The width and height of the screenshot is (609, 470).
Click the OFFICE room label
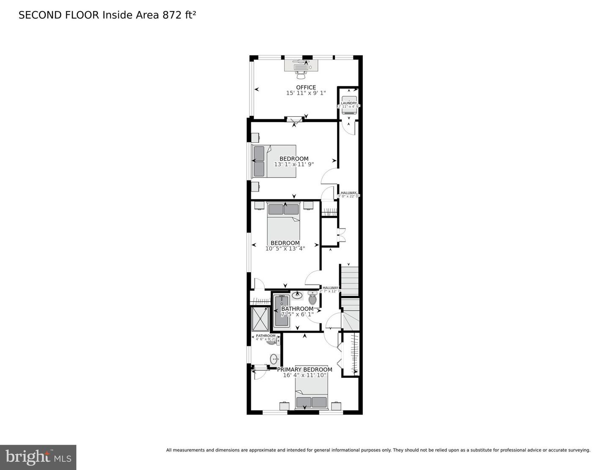coord(306,87)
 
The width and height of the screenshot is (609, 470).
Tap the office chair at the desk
coord(301,75)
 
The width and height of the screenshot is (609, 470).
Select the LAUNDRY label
coord(349,103)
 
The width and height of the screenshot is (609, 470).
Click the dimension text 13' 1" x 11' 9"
coord(294,164)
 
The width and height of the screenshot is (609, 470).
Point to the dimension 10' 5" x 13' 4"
coord(285,249)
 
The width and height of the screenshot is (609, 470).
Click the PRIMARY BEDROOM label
coord(304,369)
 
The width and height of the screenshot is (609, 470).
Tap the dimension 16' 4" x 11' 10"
coord(304,375)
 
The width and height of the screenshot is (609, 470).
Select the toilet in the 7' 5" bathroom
coord(313,299)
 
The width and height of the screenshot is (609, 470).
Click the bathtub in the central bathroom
coord(281,311)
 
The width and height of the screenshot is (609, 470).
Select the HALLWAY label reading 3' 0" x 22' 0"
coord(348,194)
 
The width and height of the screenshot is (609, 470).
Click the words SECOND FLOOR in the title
coord(59,15)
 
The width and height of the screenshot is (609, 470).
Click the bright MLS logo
coord(38,457)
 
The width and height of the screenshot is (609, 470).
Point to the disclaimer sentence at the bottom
coord(378,450)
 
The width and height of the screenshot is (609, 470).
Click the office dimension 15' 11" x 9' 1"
coord(306,93)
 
